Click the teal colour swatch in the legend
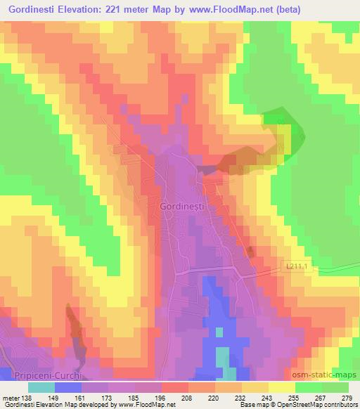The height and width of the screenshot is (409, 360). click(40, 387)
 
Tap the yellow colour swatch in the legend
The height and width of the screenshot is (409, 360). click(281, 387)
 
